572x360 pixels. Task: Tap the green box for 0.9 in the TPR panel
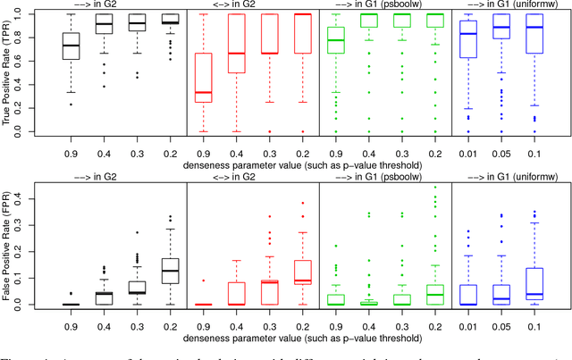(336, 40)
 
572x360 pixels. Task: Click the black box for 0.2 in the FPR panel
(170, 271)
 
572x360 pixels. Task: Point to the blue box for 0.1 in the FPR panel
(534, 280)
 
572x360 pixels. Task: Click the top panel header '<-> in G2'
(253, 5)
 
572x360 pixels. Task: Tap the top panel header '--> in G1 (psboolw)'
(385, 5)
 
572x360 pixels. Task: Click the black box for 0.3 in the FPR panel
(137, 288)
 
